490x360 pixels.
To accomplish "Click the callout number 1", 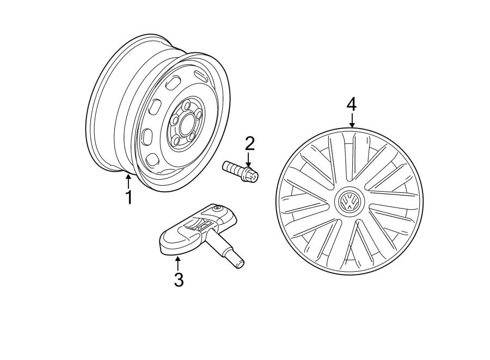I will click(129, 197).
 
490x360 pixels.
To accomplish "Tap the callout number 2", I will click(249, 144).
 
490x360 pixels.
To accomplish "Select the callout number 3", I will click(179, 279).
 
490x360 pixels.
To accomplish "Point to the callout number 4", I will click(352, 103).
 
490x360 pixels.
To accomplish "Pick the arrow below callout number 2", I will click(248, 160).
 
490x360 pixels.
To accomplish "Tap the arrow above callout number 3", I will click(177, 263).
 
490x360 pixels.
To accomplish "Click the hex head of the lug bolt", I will click(251, 175).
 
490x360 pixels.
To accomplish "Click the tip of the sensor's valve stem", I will click(238, 264).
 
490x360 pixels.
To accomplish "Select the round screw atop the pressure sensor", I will click(218, 209).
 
